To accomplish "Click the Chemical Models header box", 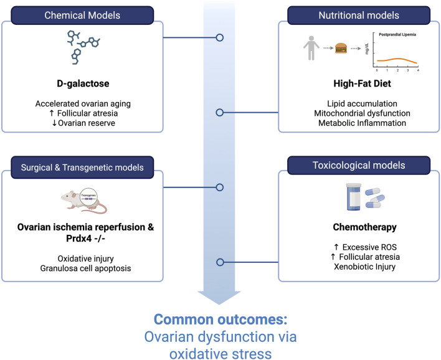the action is tap(82, 15).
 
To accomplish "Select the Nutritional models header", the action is tap(359, 15).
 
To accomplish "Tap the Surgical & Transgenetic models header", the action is tap(82, 168).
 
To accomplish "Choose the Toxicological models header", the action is tap(359, 166).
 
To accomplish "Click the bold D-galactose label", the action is tap(83, 83).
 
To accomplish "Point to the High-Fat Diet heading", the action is tap(363, 83).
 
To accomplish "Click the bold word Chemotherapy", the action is tap(365, 227).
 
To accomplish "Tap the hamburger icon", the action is tap(341, 48).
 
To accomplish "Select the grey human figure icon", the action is tap(311, 48).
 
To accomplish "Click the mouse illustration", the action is tap(84, 201).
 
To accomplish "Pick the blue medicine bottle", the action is tap(354, 197).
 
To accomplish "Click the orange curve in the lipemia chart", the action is tap(397, 60).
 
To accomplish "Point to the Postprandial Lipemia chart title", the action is tap(397, 35).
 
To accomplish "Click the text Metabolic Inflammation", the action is tap(363, 123).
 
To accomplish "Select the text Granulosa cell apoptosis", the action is tap(85, 268).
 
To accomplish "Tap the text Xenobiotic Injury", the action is tap(365, 267).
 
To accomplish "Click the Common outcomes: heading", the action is tap(220, 320).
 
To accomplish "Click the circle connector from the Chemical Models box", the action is tap(220, 37).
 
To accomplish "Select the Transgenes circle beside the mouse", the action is tap(88, 196).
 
